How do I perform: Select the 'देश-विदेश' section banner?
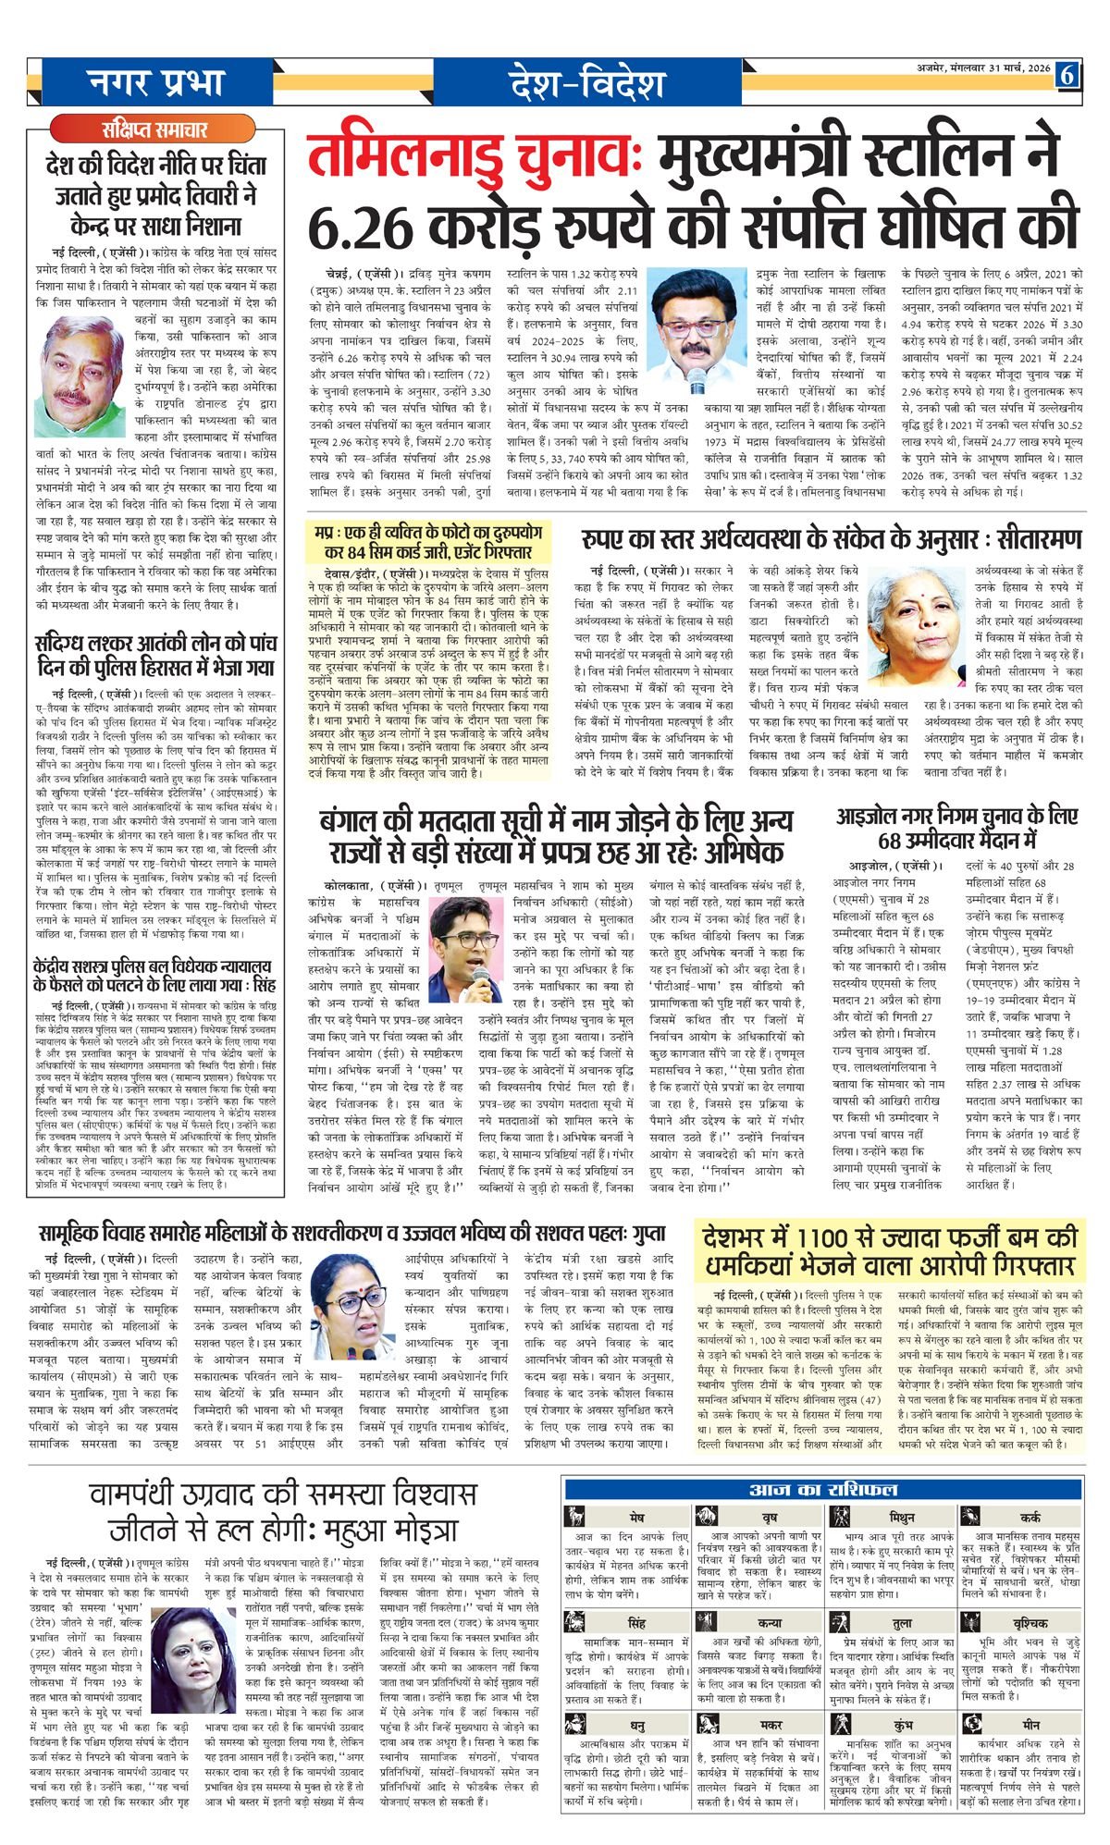586,84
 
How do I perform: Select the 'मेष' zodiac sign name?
636,1519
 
